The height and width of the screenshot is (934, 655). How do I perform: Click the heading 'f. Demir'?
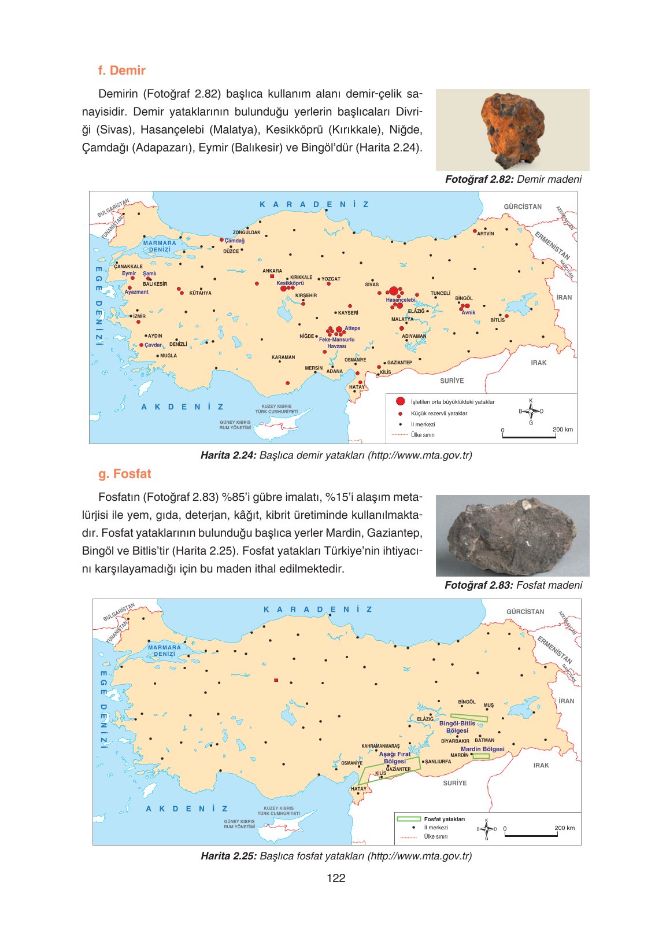click(x=121, y=71)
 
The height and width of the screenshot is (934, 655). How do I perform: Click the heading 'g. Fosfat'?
click(x=124, y=474)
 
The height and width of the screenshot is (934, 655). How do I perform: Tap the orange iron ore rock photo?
click(x=512, y=130)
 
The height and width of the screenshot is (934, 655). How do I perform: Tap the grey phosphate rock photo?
click(x=512, y=536)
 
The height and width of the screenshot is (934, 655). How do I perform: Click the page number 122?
click(x=335, y=878)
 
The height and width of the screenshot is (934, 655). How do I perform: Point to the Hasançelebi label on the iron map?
click(x=401, y=300)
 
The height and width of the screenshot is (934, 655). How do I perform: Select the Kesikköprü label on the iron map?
click(x=290, y=283)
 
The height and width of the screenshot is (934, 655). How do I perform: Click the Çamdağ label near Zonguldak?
click(x=234, y=241)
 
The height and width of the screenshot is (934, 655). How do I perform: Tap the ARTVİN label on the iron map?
click(x=485, y=234)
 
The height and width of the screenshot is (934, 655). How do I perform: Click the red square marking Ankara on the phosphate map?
click(x=276, y=680)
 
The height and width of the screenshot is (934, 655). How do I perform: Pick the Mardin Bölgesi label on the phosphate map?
click(x=482, y=749)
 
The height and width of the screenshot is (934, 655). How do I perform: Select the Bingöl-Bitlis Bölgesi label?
click(x=457, y=727)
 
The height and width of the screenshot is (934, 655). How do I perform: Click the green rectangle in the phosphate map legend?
click(x=408, y=819)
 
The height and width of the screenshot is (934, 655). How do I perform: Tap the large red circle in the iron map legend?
click(x=400, y=401)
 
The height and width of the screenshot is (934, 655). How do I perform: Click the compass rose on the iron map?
click(x=531, y=411)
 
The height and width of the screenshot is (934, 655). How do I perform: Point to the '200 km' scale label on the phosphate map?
click(x=564, y=828)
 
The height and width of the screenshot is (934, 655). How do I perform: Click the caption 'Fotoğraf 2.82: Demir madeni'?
click(x=513, y=179)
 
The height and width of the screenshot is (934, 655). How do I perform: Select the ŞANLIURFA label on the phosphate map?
click(x=438, y=762)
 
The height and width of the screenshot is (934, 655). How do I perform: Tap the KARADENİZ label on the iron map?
click(x=314, y=204)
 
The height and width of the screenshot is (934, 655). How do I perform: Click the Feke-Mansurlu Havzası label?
click(x=336, y=343)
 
